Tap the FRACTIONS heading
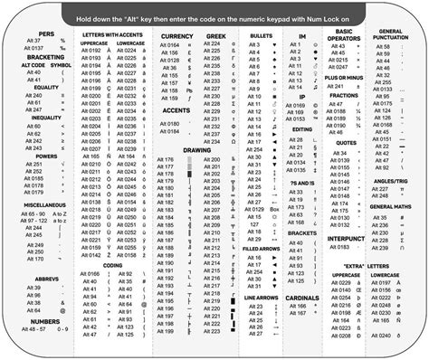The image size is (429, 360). [344, 93]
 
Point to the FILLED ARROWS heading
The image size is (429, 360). [261, 247]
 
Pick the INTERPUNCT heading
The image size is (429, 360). [344, 238]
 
